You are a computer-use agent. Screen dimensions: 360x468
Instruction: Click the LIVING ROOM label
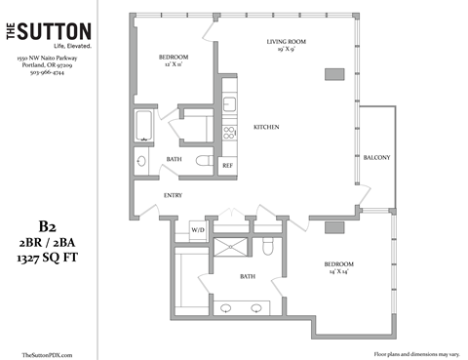tap(289, 42)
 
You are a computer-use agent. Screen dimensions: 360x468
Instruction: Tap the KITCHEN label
tap(267, 128)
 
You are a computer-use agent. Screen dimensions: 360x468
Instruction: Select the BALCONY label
tap(376, 158)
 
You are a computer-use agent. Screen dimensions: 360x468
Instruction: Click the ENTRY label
tap(174, 195)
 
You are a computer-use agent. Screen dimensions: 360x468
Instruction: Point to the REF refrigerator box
tap(227, 165)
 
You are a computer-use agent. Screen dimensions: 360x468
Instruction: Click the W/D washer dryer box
tap(198, 230)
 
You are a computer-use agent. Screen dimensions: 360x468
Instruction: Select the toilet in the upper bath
tap(204, 161)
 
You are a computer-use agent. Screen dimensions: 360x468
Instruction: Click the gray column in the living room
tap(334, 74)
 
